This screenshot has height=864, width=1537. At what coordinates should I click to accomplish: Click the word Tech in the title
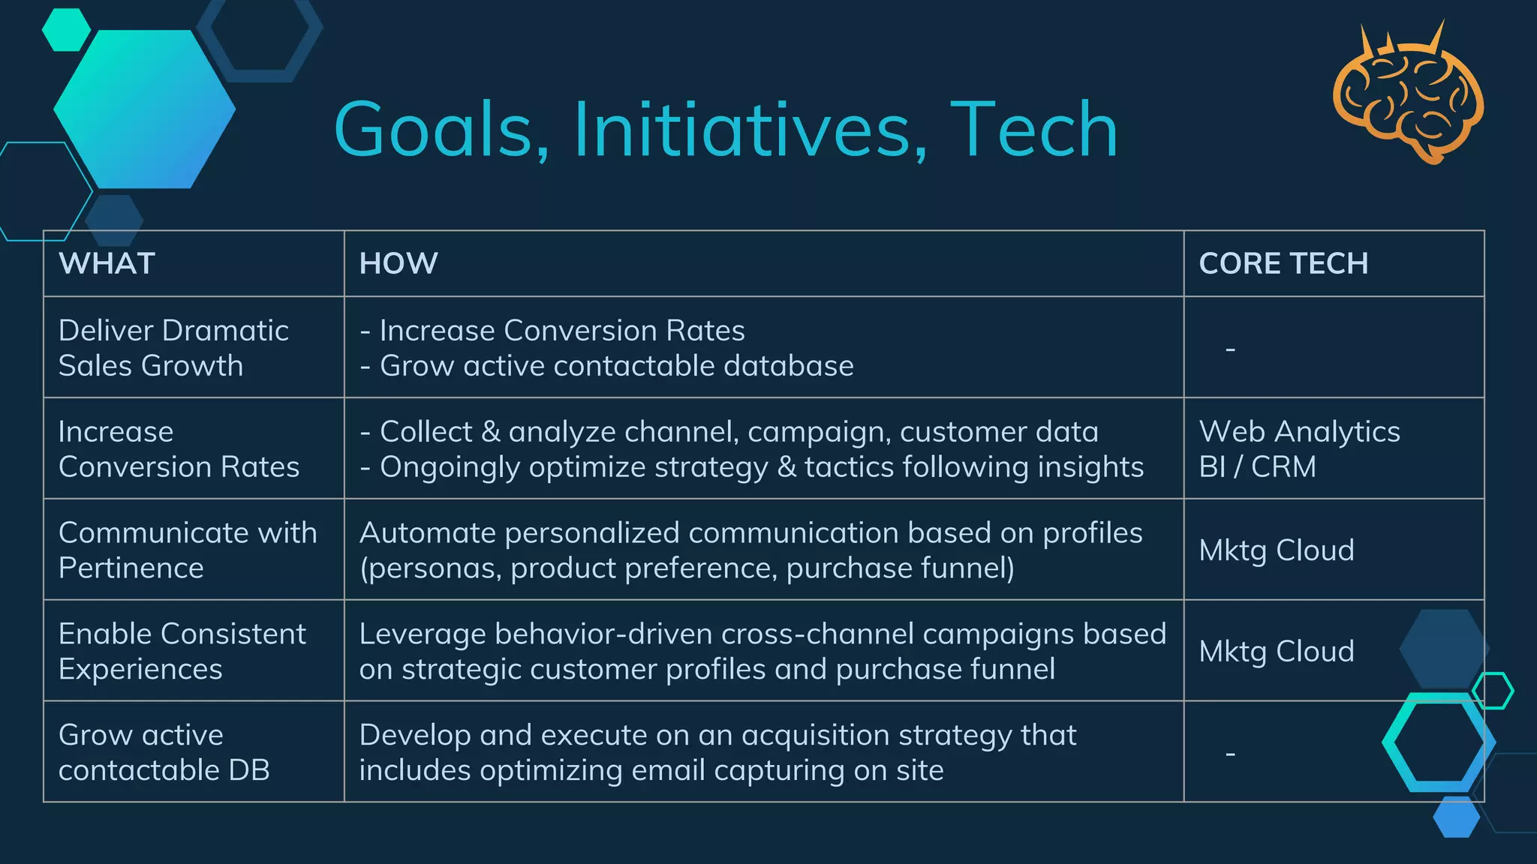(1034, 130)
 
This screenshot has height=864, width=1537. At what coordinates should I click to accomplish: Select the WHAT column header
(107, 264)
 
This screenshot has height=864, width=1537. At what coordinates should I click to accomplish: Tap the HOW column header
(399, 264)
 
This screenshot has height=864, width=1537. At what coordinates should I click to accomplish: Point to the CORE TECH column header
(1283, 264)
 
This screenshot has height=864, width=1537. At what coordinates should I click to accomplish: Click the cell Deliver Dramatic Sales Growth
(173, 348)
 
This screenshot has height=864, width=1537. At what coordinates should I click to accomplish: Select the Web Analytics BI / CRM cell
(1298, 449)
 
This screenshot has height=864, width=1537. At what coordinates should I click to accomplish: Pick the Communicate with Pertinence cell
(188, 550)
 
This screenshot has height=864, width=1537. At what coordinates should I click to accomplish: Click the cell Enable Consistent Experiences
(182, 651)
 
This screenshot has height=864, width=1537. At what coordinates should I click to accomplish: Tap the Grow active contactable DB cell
(164, 752)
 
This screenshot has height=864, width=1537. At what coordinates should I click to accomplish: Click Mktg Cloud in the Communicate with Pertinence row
(1276, 550)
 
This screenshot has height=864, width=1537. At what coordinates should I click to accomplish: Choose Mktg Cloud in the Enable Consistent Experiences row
(1276, 652)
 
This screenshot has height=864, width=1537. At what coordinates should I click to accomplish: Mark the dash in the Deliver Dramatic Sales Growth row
(1230, 349)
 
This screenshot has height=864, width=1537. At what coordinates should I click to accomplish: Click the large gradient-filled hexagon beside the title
(144, 109)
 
